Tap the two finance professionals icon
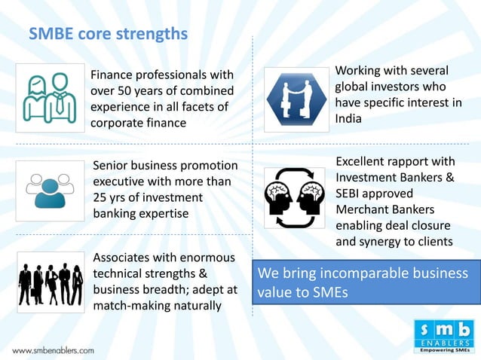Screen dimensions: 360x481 [x=49, y=98]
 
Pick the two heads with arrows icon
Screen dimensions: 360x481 [x=294, y=198]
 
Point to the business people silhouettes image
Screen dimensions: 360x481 [x=50, y=283]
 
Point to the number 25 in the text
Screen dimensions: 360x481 [x=100, y=197]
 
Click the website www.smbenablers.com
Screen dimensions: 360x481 [x=53, y=350]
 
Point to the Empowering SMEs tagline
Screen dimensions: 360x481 [x=444, y=351]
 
